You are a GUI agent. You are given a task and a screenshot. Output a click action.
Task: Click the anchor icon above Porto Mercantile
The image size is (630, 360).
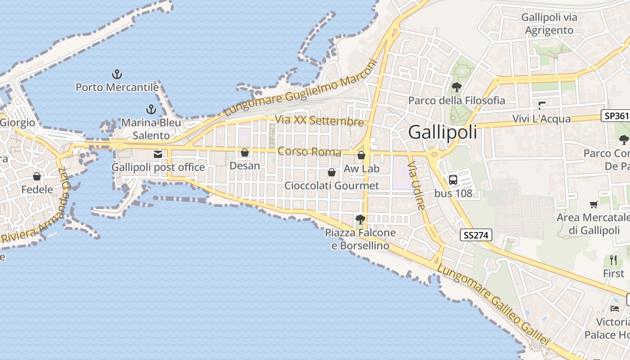click(117, 74)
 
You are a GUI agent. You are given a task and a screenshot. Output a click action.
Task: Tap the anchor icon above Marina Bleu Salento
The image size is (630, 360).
click(151, 109)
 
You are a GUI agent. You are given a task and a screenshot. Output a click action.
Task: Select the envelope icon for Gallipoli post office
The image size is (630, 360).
click(158, 154)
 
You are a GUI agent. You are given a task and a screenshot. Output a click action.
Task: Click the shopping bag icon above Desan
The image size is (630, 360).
click(245, 153)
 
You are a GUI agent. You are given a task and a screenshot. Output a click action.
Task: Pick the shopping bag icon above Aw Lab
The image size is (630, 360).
click(361, 155)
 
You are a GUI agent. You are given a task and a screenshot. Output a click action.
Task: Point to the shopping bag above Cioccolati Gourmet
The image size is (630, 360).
click(332, 172)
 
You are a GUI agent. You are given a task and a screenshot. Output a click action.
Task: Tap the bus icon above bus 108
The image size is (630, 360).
click(453, 180)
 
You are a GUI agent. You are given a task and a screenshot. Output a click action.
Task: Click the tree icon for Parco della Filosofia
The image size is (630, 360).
click(456, 87)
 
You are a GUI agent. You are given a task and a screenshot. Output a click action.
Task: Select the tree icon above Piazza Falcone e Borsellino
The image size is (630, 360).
click(360, 220)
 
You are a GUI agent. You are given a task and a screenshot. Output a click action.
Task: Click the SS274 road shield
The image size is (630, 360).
click(476, 234)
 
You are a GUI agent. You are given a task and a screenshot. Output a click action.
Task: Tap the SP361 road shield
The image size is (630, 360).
click(616, 116)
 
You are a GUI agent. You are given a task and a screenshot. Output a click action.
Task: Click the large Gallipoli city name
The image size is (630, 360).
click(442, 133)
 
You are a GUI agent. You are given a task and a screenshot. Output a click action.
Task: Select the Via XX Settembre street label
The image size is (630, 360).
click(319, 121)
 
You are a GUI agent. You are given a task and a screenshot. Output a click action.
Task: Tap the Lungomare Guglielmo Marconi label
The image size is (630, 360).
click(300, 89)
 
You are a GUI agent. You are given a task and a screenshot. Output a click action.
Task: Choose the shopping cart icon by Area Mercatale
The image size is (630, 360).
click(594, 204)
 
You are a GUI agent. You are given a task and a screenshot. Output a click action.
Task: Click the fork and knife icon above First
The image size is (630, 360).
click(613, 260)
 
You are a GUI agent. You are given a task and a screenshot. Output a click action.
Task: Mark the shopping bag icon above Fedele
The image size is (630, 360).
click(37, 176)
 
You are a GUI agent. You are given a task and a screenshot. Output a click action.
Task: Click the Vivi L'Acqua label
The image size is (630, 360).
click(541, 119)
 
